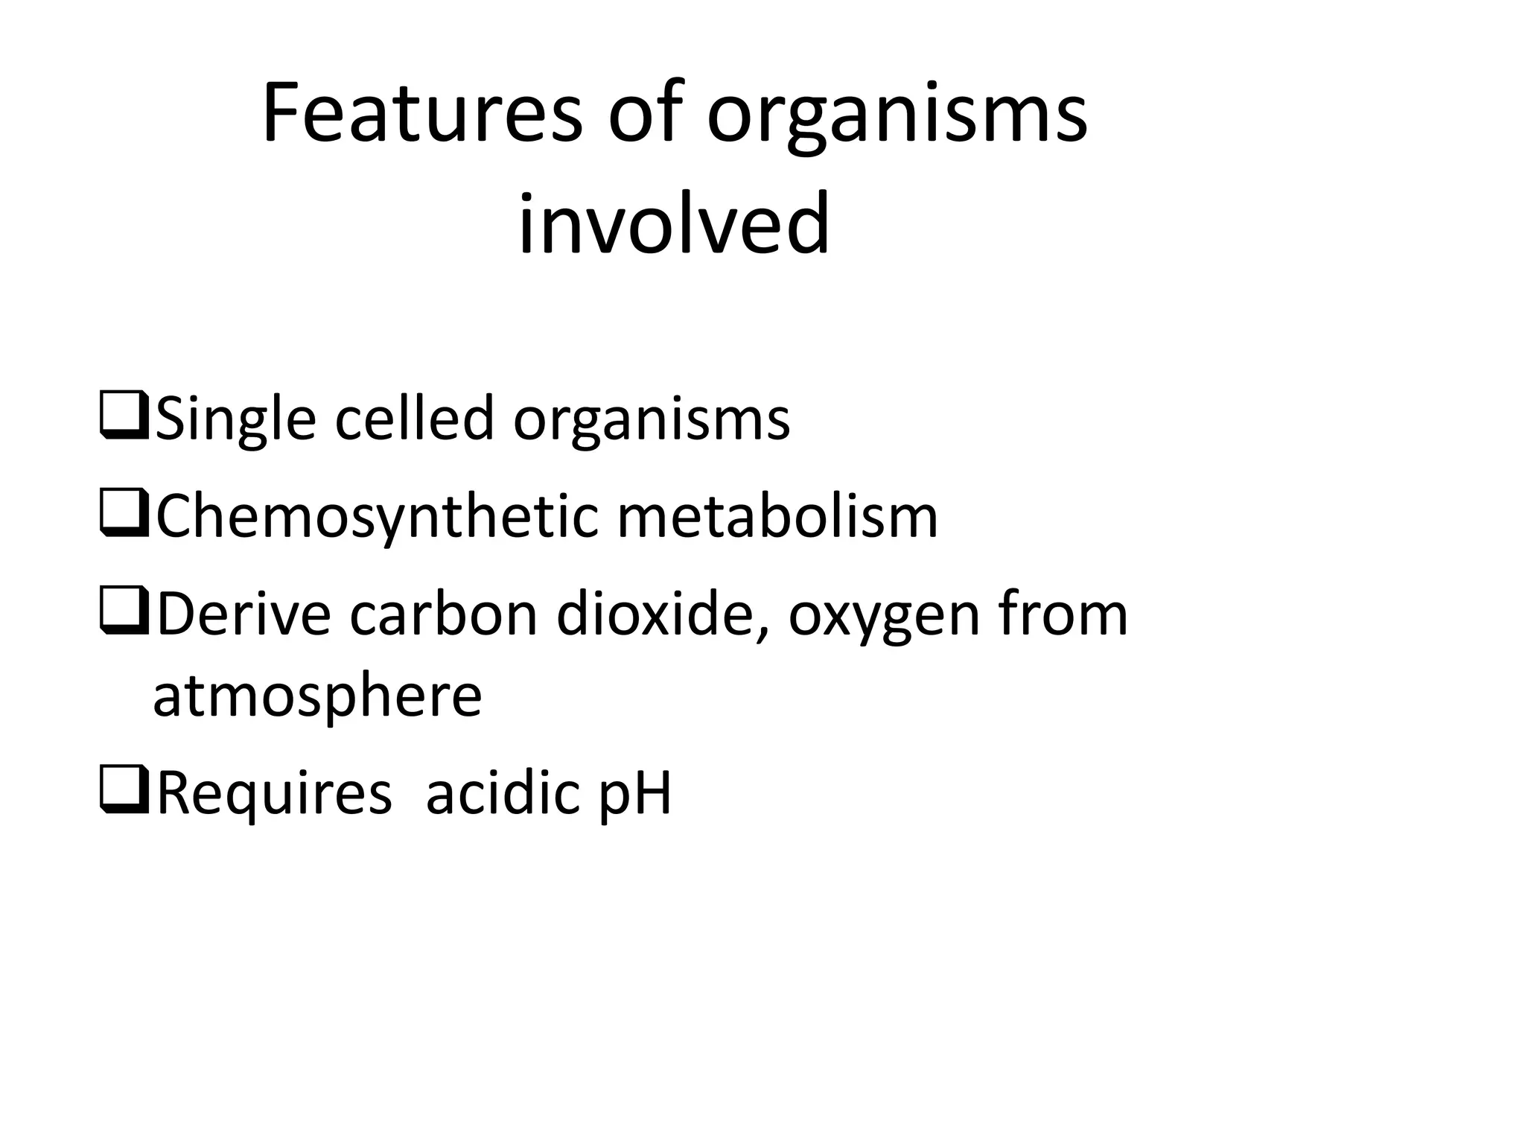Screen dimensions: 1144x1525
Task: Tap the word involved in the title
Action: click(x=674, y=223)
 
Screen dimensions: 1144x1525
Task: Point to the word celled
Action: click(x=414, y=419)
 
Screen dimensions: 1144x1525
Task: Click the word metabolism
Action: click(x=777, y=518)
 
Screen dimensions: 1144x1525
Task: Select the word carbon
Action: click(x=443, y=615)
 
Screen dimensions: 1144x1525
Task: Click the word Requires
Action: click(x=274, y=794)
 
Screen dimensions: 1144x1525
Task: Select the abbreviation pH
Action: click(x=635, y=795)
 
